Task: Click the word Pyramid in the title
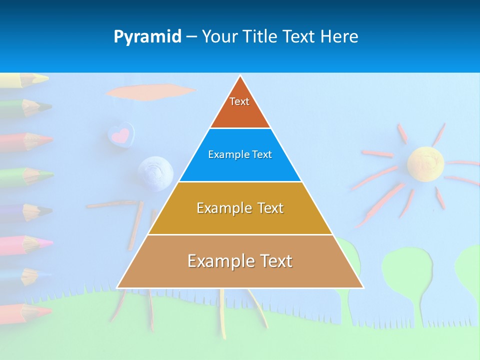click(x=147, y=37)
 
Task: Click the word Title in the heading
click(x=259, y=36)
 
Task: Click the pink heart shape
click(x=120, y=135)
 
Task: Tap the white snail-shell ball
click(x=155, y=173)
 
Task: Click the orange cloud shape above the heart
click(x=150, y=91)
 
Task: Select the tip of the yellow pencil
click(x=45, y=78)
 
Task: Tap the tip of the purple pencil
click(x=49, y=210)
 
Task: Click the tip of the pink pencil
click(x=49, y=242)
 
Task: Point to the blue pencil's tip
click(x=48, y=274)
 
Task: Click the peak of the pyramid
click(x=240, y=76)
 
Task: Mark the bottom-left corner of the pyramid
click(x=117, y=287)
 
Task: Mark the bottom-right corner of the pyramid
click(x=363, y=287)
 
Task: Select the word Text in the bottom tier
click(x=272, y=261)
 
